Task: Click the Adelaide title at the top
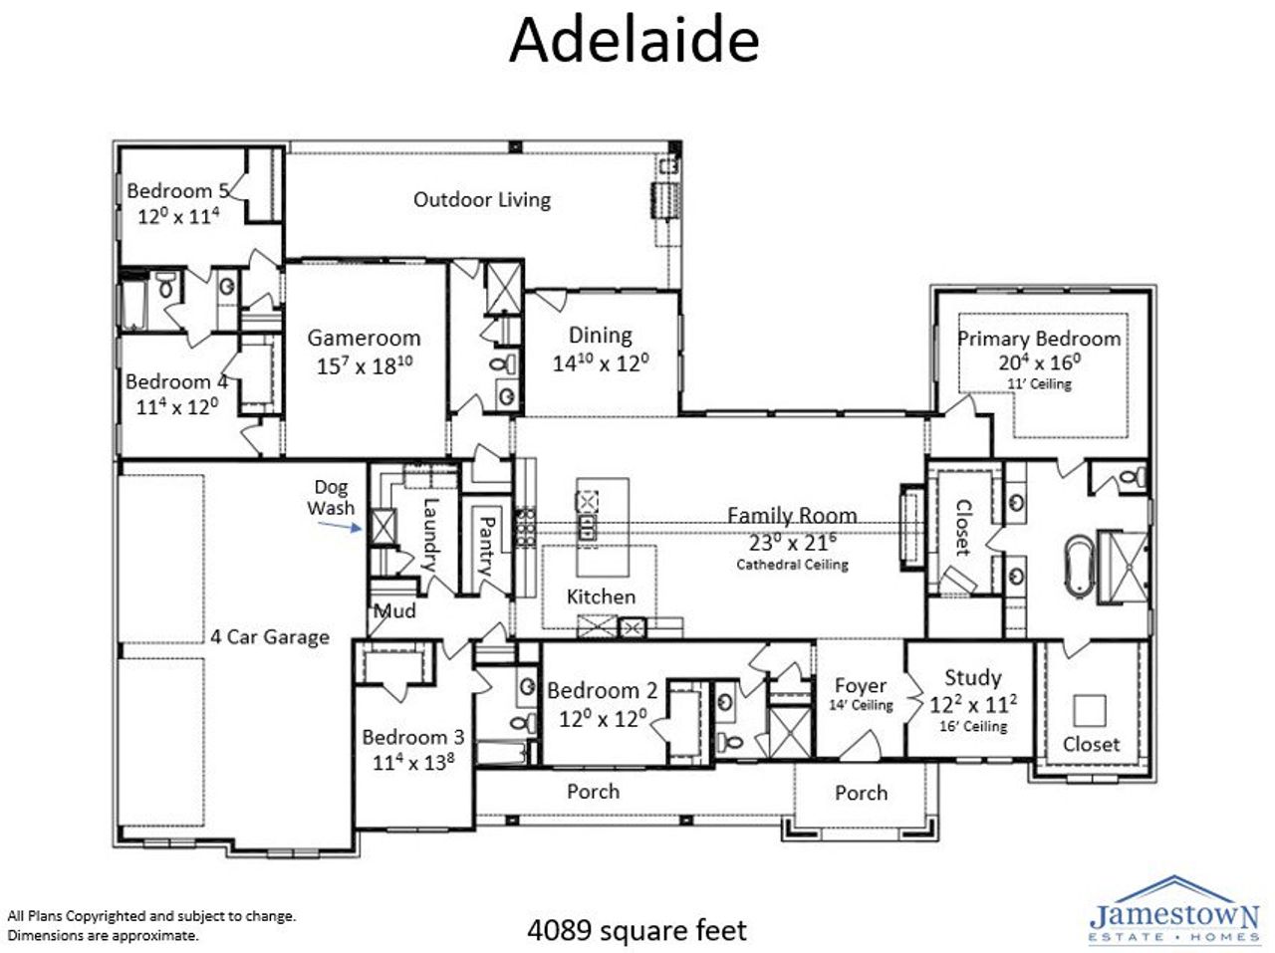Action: click(x=635, y=42)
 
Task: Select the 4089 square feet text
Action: click(x=636, y=930)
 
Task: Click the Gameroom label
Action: click(x=364, y=338)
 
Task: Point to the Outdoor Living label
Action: click(x=482, y=199)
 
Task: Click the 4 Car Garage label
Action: click(x=269, y=636)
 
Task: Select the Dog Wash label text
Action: click(x=331, y=497)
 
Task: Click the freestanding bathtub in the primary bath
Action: click(x=1079, y=561)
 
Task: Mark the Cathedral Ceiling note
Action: click(x=792, y=565)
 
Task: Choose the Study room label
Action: click(x=972, y=678)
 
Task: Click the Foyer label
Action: click(x=860, y=685)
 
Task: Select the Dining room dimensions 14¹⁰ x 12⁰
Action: click(x=601, y=362)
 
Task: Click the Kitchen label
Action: click(x=601, y=596)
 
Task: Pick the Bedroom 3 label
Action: click(x=412, y=737)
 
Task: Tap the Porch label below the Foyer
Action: click(x=861, y=793)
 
